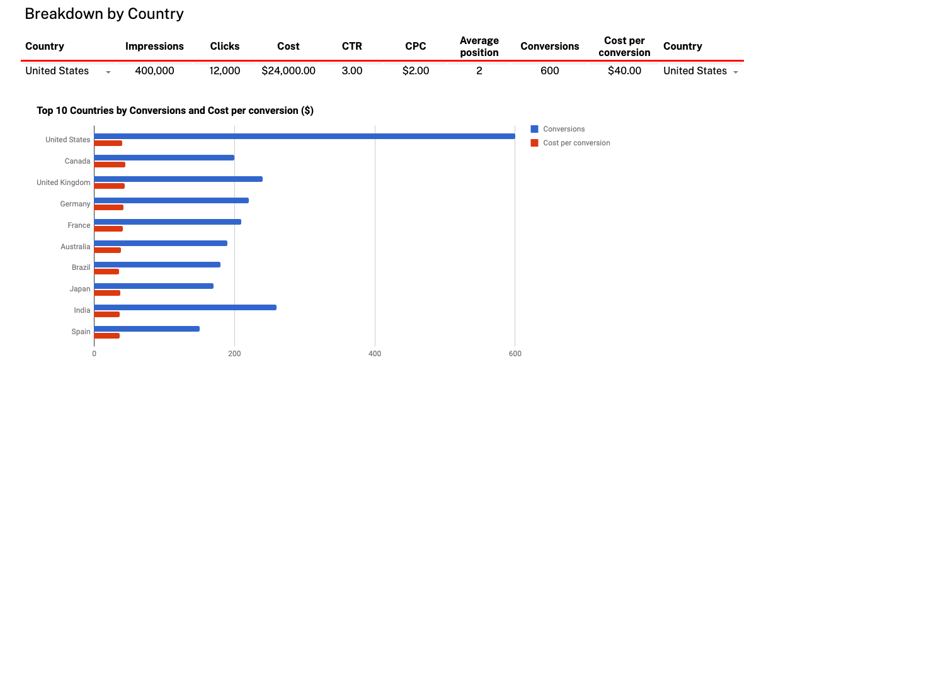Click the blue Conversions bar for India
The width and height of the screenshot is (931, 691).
pos(185,308)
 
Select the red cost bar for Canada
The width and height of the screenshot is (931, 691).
pos(110,165)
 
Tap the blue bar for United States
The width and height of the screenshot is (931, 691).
pos(304,137)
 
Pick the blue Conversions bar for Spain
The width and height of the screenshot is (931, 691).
pos(147,329)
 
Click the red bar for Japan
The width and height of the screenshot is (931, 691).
pos(107,293)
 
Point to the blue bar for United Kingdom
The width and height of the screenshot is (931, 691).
pos(178,179)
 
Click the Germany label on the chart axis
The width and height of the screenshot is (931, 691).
pos(75,204)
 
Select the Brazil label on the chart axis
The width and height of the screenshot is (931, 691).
pos(81,267)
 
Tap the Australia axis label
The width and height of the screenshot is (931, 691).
pos(75,247)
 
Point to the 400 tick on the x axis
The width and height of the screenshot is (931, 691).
pos(375,354)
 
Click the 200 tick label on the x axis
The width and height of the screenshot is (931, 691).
pos(234,354)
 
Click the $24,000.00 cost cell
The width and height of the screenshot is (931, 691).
pos(288,71)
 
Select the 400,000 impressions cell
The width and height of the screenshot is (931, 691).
pos(154,71)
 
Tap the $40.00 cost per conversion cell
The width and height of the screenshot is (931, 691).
pos(624,71)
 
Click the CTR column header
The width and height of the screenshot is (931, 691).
pos(351,47)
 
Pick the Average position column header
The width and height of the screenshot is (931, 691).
pos(479,47)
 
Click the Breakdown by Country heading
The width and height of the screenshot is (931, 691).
pos(104,14)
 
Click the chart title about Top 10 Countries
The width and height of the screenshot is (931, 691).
pos(175,111)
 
